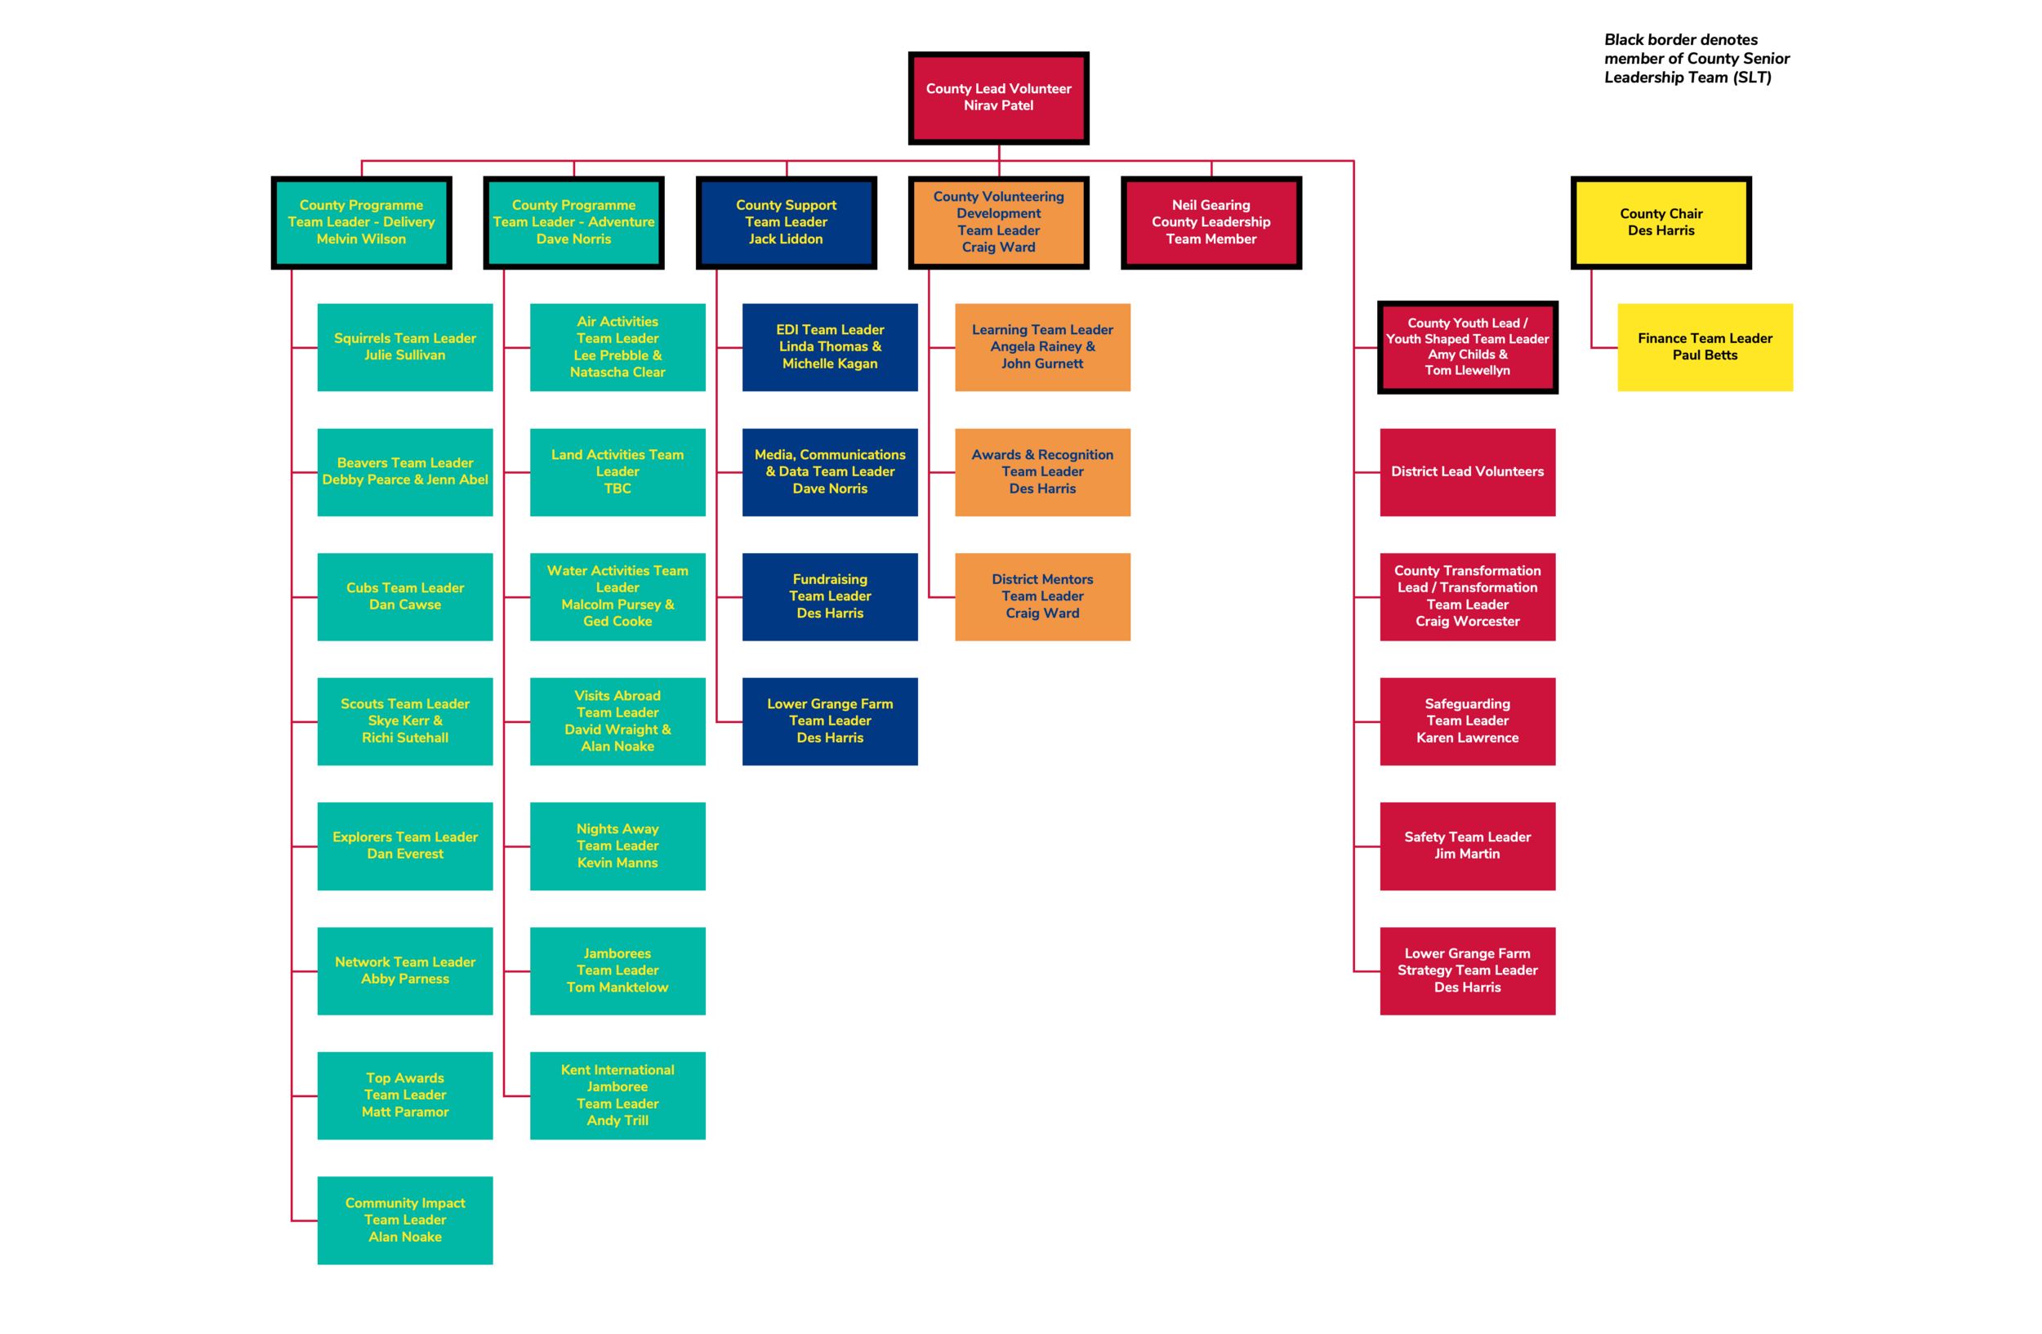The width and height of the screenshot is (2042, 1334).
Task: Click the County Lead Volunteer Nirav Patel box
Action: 998,98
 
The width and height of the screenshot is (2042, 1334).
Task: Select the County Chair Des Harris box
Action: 1661,222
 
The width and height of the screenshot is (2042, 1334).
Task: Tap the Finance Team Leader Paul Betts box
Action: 1704,347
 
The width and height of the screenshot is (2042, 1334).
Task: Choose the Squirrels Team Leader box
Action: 405,347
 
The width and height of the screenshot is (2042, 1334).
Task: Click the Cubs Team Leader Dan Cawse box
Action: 405,596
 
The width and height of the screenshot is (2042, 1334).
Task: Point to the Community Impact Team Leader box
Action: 405,1219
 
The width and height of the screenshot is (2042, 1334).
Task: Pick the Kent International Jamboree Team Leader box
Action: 617,1095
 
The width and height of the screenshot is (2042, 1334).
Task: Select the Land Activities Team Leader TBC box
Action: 617,472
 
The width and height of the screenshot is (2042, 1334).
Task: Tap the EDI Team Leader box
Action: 830,347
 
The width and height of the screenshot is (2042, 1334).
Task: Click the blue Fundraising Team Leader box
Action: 830,596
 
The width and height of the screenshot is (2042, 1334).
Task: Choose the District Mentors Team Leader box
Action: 1041,596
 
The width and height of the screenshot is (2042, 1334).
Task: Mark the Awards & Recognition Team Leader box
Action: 1041,472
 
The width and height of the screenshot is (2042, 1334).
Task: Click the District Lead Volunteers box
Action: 1467,472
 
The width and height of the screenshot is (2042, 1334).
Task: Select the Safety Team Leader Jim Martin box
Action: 1467,845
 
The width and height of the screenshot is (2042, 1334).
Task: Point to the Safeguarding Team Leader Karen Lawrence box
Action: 1467,721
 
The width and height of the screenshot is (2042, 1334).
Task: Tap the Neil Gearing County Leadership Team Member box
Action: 1210,222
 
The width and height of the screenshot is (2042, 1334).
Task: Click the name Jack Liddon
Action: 785,239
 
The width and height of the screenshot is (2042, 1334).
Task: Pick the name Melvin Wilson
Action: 361,239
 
